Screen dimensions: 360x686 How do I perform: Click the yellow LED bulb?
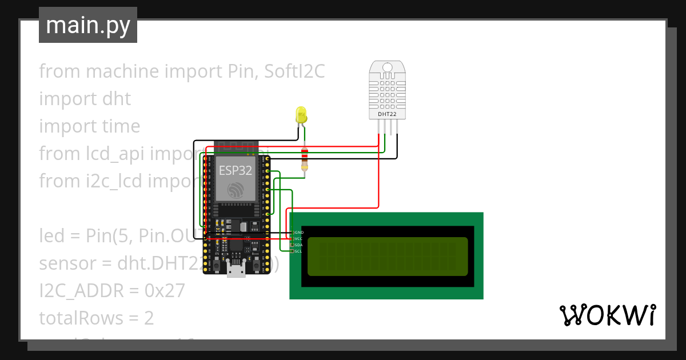point(301,115)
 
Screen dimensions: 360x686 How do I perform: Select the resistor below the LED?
point(305,158)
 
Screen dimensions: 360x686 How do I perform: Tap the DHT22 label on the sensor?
point(387,114)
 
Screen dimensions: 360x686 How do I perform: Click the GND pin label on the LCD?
point(299,233)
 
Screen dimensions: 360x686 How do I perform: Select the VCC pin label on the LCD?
point(299,239)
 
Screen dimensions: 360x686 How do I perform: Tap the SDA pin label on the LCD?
point(299,245)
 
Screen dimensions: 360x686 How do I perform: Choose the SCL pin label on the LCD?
point(299,251)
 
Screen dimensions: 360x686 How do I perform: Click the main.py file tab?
point(88,25)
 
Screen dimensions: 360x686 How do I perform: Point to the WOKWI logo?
point(607,315)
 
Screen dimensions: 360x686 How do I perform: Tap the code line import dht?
point(85,99)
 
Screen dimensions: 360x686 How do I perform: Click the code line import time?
point(89,126)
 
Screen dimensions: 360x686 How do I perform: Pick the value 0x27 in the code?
point(165,291)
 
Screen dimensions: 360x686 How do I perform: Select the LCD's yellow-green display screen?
point(388,256)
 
